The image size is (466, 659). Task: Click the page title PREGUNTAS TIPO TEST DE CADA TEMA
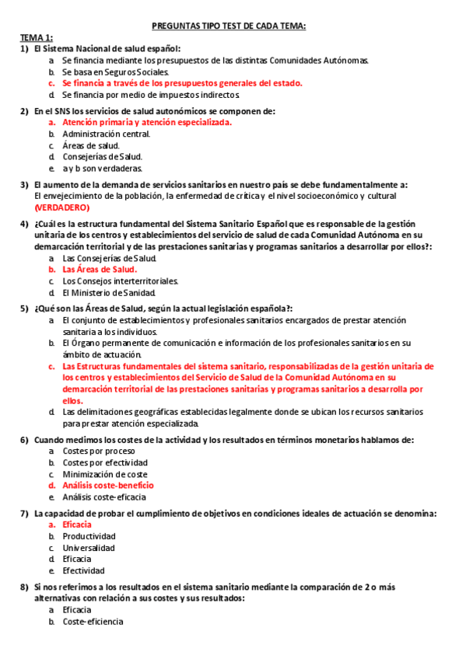coord(233,26)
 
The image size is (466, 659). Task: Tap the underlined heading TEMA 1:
coord(36,37)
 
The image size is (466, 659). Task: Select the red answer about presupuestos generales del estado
coord(182,83)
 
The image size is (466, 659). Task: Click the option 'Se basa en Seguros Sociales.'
coord(115,71)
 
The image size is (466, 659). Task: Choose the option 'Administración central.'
coord(106,134)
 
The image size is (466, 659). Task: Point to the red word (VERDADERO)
coord(61,207)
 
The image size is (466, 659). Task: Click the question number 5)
coord(25,309)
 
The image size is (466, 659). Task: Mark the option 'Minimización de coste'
coord(105,474)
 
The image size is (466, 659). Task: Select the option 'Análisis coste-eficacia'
coord(104,497)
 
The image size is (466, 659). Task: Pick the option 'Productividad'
coord(89,536)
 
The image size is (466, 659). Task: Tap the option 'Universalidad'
coord(88,548)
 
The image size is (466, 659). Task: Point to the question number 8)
coord(25,586)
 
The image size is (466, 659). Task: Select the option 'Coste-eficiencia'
coord(93,621)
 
